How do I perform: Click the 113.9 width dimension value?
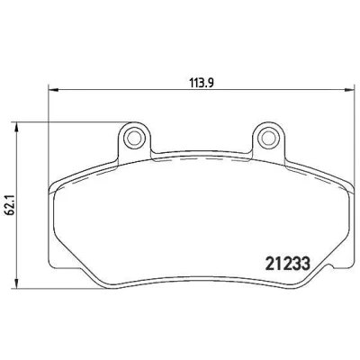click(x=201, y=82)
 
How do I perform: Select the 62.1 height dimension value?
click(x=11, y=207)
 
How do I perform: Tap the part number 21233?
click(x=288, y=264)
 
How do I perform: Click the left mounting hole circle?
click(x=133, y=139)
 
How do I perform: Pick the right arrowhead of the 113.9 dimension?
click(x=349, y=89)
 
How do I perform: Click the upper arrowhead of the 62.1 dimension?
click(x=17, y=127)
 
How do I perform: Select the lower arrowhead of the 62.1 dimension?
click(x=17, y=284)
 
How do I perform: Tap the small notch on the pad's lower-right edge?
click(x=330, y=265)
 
